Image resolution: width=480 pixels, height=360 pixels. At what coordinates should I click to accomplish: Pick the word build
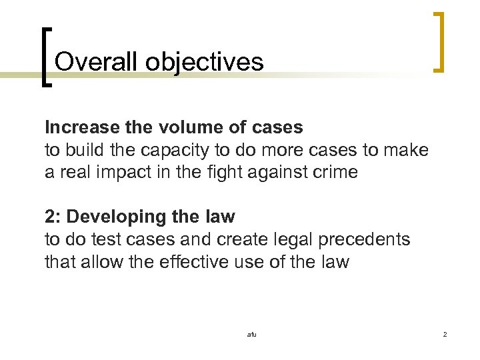coord(83,149)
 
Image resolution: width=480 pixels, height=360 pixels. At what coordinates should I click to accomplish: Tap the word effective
coord(195,261)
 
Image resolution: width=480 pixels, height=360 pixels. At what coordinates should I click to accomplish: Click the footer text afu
coord(251,334)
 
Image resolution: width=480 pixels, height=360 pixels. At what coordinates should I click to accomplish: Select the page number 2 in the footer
coord(445,334)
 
